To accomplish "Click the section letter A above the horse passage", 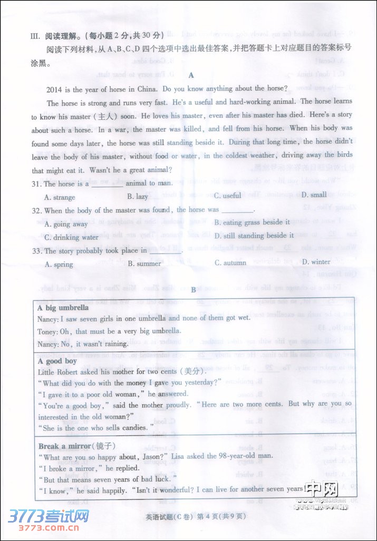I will pos(191,75).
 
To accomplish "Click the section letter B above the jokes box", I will pos(194,290).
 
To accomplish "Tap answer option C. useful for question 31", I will pos(227,195).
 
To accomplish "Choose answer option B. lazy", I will pos(138,196).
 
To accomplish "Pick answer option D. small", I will pos(314,195).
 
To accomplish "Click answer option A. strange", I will pos(60,198).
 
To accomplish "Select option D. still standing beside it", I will pos(254,235).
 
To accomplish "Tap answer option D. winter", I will pos(316,262).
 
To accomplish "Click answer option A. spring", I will pos(59,264).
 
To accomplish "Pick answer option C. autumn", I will pos(230,262).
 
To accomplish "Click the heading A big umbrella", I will pos(63,308).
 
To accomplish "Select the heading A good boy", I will pos(57,361).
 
